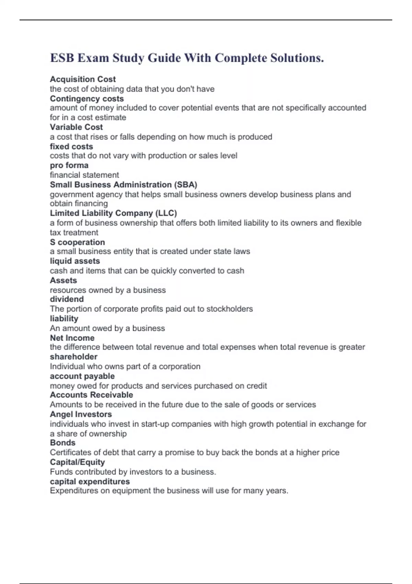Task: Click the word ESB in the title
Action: (x=62, y=58)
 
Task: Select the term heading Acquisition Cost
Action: (x=83, y=79)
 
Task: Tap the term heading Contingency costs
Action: (x=87, y=99)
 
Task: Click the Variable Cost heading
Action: (x=76, y=127)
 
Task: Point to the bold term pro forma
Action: (x=69, y=165)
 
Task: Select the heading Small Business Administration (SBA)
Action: (x=124, y=185)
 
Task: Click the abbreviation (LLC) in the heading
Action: (x=166, y=213)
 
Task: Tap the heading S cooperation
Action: (x=77, y=242)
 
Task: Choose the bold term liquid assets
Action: (x=75, y=261)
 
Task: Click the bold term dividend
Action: (x=67, y=299)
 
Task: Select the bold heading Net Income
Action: (x=72, y=338)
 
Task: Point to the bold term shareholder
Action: (x=73, y=357)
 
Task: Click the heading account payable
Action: (x=82, y=376)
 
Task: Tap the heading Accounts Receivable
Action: (x=91, y=395)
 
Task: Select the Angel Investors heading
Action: (x=81, y=414)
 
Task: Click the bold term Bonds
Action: (x=62, y=443)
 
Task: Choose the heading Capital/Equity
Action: (x=77, y=462)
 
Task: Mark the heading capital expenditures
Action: (x=90, y=482)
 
